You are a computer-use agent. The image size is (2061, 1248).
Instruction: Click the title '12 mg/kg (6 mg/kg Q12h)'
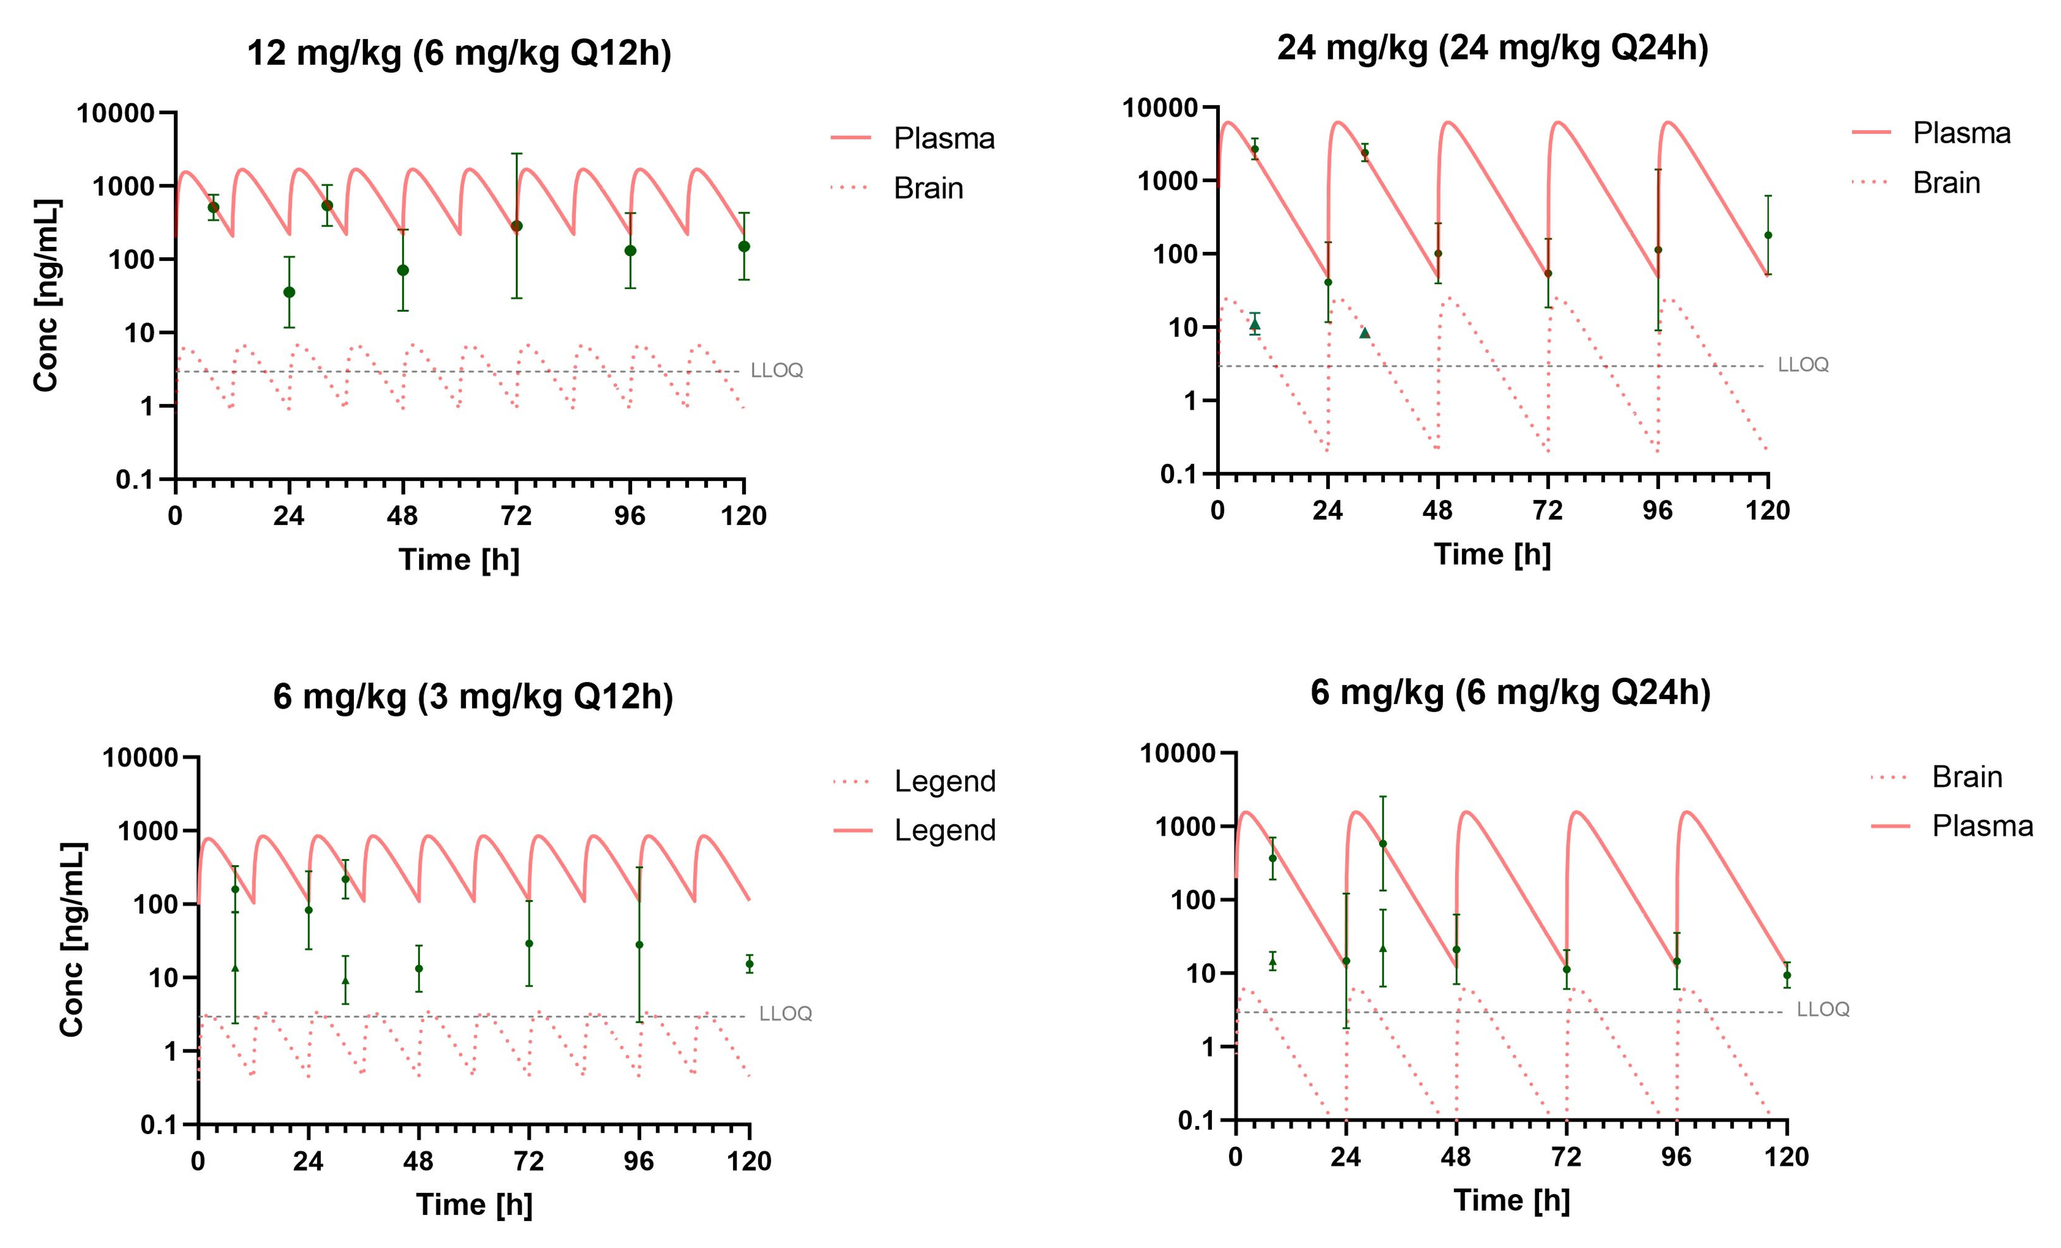coord(459,54)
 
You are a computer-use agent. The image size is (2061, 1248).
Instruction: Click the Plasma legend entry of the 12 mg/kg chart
coord(944,138)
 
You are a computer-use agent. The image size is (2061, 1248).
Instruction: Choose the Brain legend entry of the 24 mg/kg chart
coord(1946,183)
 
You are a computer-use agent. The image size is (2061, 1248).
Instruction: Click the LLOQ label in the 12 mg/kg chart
coord(776,371)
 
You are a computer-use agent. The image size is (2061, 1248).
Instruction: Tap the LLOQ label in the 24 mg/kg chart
coord(1803,365)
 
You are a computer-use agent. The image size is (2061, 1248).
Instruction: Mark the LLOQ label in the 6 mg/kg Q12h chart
coord(785,1014)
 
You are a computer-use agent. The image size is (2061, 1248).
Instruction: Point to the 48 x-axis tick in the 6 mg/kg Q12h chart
coord(418,1161)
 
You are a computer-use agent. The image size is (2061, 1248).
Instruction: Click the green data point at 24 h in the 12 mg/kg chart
coord(288,292)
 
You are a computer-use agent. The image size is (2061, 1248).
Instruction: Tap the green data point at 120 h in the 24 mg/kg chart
coord(1768,235)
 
